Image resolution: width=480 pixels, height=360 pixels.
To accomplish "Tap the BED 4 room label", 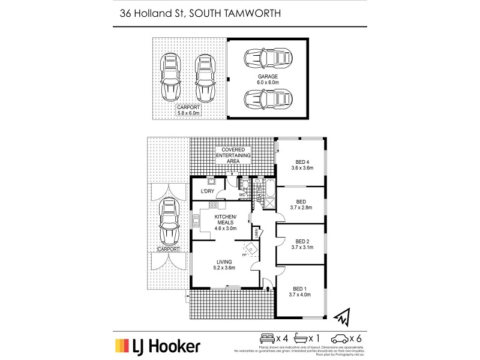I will (x=302, y=164).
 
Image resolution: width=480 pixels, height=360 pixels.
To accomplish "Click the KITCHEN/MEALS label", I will (x=226, y=222).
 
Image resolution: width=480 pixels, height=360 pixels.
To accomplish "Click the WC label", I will (x=242, y=194).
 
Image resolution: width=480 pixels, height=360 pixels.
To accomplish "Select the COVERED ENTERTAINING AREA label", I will (x=233, y=155).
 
